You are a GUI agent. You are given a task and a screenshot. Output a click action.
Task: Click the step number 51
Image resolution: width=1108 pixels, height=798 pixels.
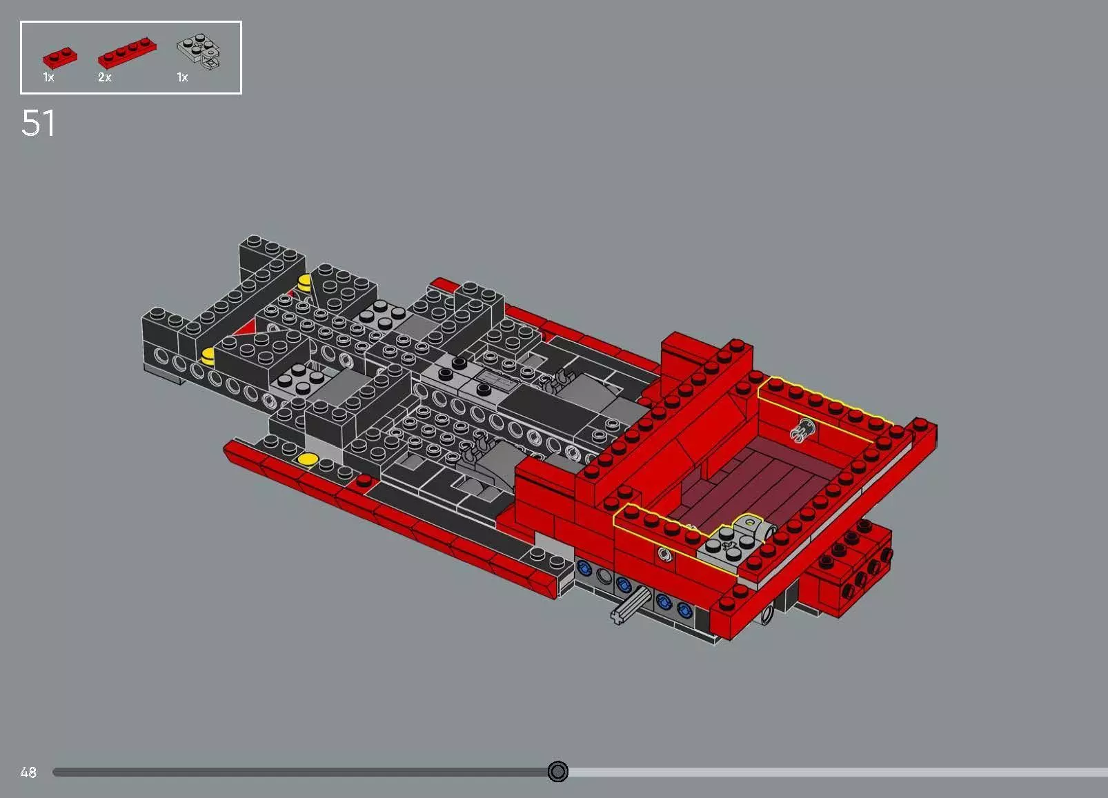(x=38, y=123)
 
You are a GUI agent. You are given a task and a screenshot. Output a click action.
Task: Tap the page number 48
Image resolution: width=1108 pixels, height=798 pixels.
(x=28, y=772)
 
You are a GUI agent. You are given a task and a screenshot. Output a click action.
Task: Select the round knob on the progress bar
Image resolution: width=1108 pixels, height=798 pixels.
(x=557, y=771)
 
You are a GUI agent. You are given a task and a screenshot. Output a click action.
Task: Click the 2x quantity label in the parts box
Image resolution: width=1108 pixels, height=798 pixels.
(x=104, y=77)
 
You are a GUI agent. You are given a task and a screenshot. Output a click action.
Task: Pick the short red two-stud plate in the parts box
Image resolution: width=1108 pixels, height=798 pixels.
(x=59, y=57)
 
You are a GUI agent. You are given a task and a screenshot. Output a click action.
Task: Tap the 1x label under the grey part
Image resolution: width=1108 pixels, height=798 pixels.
(x=182, y=77)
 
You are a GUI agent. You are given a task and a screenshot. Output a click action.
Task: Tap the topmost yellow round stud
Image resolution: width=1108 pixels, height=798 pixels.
(x=304, y=281)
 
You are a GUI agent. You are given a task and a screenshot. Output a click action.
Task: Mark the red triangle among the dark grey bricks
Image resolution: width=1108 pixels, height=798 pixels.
(x=244, y=329)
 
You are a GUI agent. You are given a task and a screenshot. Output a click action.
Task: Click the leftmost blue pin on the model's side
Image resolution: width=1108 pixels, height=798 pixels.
(x=584, y=568)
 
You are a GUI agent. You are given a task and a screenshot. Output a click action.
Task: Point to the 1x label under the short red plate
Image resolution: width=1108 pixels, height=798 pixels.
(x=48, y=77)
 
